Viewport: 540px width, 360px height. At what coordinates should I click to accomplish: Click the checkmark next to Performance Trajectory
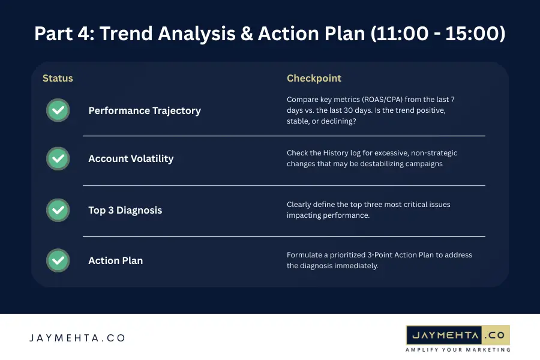(58, 110)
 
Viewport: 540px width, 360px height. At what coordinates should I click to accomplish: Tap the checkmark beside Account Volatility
(58, 158)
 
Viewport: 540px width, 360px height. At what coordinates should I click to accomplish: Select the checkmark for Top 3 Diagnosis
(58, 210)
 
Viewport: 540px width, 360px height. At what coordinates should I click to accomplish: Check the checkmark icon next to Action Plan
(58, 260)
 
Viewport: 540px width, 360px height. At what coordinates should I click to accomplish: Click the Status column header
(58, 79)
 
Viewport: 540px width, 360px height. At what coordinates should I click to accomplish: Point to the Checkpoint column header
(314, 79)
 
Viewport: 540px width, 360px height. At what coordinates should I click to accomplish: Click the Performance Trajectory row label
(145, 111)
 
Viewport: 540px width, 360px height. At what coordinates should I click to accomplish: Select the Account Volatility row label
(131, 159)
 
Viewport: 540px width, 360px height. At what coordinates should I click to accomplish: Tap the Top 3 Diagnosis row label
(125, 211)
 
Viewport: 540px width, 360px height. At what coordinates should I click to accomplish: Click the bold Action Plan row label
(115, 261)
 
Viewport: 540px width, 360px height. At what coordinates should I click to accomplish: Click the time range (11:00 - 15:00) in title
(437, 34)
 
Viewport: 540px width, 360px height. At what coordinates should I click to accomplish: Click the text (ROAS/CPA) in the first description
(379, 100)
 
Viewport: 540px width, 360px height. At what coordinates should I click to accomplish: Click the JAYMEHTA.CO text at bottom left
(77, 338)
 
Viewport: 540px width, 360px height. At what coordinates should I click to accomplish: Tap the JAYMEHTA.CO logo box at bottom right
(458, 334)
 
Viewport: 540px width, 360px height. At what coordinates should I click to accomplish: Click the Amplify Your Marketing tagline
(458, 350)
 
